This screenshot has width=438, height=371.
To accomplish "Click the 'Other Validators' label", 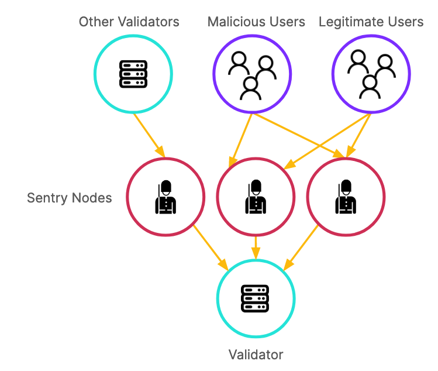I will coord(129,22).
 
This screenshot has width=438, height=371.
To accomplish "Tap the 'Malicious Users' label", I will coord(256,22).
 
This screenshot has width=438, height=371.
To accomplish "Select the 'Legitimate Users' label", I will coord(371,22).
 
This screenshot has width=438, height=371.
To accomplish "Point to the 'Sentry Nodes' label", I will coord(69,198).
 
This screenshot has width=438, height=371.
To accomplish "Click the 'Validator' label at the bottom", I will coord(256,355).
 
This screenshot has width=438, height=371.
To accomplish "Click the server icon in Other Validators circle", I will coord(133,74).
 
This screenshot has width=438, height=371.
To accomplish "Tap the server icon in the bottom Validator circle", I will coord(256,298).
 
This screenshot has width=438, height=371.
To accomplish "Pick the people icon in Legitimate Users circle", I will coord(371,74).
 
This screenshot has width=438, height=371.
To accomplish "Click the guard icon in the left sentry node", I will coord(165,197).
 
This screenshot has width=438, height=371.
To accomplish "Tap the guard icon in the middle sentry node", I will coord(256,197).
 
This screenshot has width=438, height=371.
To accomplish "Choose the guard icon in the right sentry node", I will coord(346,197).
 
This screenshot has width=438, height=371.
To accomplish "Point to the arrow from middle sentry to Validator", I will coord(256,246).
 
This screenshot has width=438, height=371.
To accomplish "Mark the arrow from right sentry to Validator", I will coord(302,246).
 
